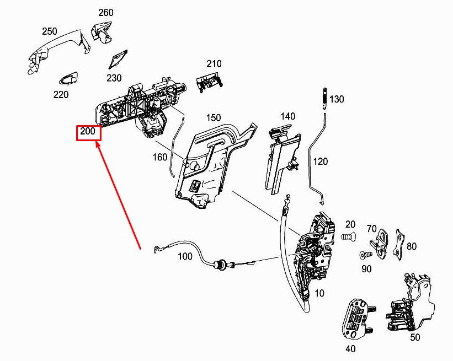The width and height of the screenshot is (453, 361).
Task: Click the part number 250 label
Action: (50, 31)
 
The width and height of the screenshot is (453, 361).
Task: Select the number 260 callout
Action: (106, 13)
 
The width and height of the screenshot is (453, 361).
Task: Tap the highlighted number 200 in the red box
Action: (88, 131)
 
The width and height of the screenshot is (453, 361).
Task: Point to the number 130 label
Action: (337, 99)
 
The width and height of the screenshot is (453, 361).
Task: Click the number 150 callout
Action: (214, 118)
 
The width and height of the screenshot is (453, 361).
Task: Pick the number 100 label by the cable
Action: (185, 256)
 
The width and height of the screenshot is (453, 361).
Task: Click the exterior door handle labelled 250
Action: (58, 52)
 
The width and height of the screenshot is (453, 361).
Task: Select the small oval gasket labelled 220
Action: (69, 78)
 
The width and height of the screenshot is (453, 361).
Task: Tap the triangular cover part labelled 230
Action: (118, 60)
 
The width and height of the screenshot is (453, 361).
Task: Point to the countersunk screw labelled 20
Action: (348, 236)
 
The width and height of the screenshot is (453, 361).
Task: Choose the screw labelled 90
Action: (366, 255)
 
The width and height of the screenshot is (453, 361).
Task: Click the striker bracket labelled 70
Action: (379, 243)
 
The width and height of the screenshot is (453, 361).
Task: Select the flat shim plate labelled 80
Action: (398, 244)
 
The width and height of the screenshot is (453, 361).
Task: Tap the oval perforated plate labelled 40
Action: (356, 320)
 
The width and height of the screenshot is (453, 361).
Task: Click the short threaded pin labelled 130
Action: (324, 99)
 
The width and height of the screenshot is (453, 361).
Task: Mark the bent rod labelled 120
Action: (317, 159)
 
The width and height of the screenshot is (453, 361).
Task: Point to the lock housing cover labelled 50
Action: (411, 303)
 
